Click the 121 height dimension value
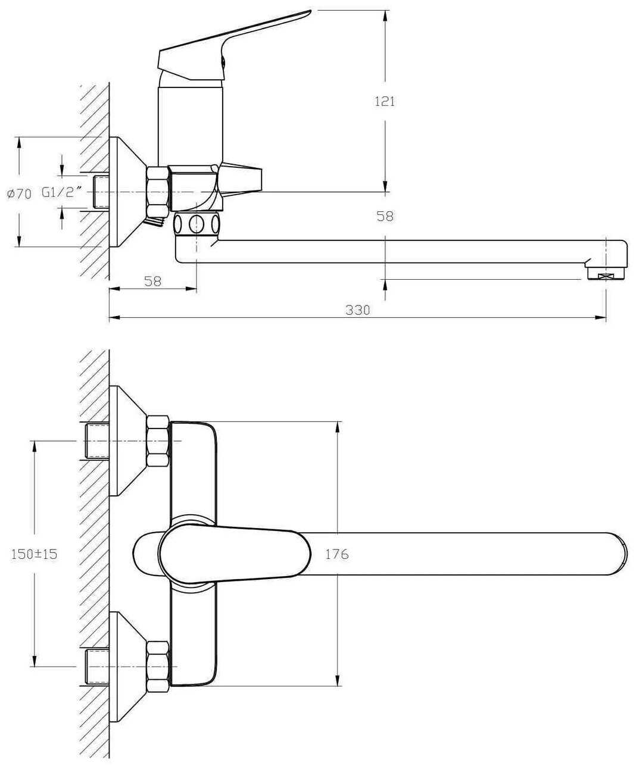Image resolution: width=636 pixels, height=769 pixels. [x=384, y=101]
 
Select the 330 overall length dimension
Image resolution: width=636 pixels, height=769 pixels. [x=357, y=310]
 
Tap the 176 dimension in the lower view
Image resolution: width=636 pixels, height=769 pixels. [x=336, y=554]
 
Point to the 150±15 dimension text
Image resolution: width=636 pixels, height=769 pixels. [x=35, y=554]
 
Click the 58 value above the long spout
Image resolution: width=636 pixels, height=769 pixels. [x=385, y=216]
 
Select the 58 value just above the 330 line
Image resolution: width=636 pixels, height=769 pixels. [x=153, y=281]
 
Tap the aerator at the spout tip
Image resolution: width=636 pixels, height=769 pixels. [x=606, y=274]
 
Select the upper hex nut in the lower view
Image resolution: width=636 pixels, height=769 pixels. [x=158, y=440]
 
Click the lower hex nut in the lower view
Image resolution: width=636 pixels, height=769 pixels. [x=158, y=667]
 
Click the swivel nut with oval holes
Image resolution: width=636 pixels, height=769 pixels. [x=197, y=225]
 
